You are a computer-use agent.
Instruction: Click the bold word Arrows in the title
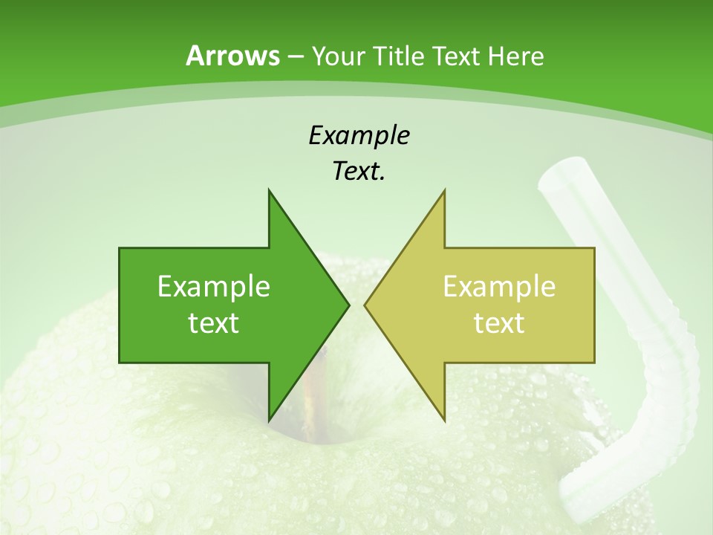pos(232,56)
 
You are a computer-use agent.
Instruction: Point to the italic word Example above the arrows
pos(359,135)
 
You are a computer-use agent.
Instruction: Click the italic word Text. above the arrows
pos(359,172)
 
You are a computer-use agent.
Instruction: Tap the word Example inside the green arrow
pos(214,286)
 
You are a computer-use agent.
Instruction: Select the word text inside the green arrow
pos(214,323)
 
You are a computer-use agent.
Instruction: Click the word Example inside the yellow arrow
pos(499,286)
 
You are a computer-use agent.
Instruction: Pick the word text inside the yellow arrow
pos(499,323)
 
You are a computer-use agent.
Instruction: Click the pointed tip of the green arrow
pos(348,305)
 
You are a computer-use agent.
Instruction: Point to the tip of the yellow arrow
pos(366,305)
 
